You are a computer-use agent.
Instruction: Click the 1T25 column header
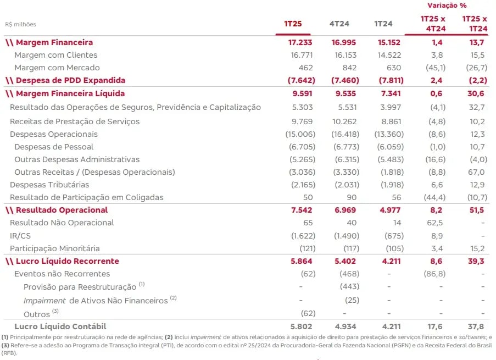[293, 24]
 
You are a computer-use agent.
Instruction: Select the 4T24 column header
[339, 24]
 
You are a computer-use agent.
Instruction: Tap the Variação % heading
[447, 5]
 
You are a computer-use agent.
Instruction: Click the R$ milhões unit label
[20, 24]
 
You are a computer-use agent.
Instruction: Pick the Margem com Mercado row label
[57, 68]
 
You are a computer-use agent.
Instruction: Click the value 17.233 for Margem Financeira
[300, 42]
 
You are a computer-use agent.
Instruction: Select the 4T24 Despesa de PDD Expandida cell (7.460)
[345, 80]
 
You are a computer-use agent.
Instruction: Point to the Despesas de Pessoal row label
[54, 147]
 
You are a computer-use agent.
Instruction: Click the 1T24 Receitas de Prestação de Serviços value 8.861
[389, 121]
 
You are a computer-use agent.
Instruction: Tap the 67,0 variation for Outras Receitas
[477, 172]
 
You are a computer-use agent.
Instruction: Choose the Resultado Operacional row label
[62, 211]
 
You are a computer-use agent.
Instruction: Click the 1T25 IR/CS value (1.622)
[303, 236]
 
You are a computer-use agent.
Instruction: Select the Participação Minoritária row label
[55, 248]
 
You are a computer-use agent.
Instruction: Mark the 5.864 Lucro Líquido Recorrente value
[301, 261]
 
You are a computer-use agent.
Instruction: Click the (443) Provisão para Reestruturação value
[349, 286]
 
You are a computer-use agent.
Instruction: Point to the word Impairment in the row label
[44, 301]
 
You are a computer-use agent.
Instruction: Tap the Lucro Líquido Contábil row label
[60, 326]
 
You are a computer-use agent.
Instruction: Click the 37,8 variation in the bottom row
[476, 327]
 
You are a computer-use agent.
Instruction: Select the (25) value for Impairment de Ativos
[352, 300]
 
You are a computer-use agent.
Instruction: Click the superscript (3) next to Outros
[55, 311]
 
